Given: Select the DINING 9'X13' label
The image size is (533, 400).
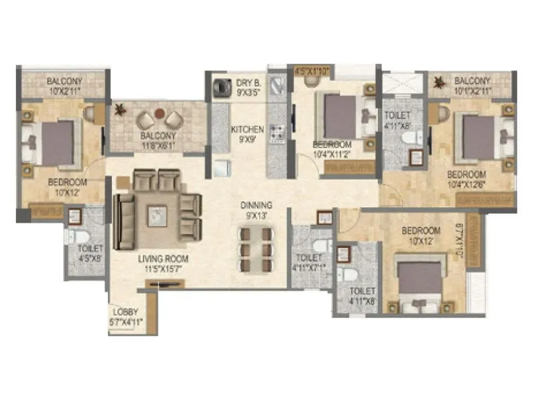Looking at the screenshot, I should click(256, 211).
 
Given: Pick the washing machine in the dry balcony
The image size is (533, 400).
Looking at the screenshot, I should click(221, 88).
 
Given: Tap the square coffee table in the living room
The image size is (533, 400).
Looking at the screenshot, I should click(157, 215).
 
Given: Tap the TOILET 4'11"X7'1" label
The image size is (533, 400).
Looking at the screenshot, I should click(309, 262).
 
